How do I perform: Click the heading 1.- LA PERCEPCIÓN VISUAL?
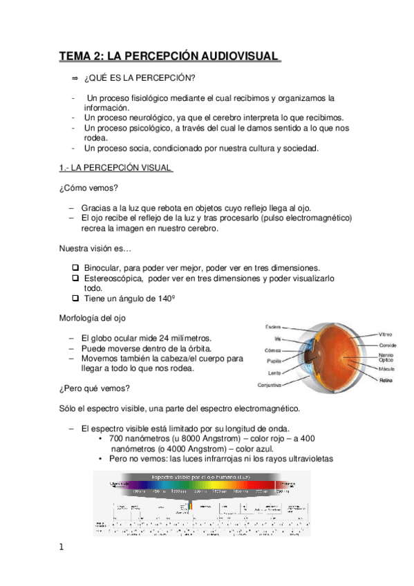coord(115,167)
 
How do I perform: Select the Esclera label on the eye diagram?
coord(273,326)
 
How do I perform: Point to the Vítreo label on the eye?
coord(386,334)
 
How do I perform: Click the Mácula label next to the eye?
coord(386,370)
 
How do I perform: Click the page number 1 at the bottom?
coord(62,548)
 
